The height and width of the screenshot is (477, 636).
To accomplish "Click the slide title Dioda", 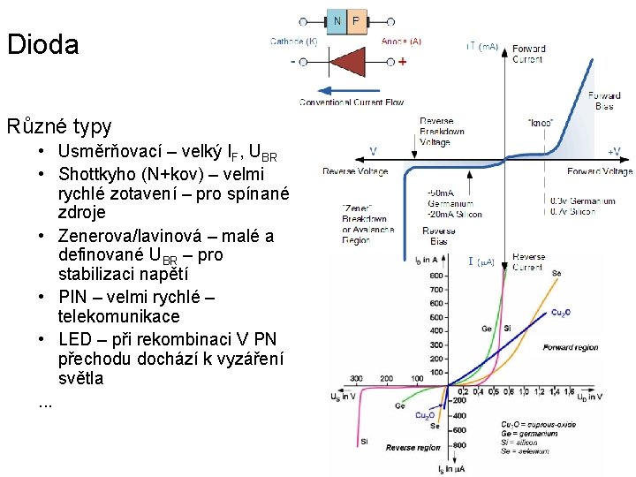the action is pyautogui.click(x=42, y=45).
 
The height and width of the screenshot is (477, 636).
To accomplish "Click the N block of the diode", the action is pyautogui.click(x=337, y=20).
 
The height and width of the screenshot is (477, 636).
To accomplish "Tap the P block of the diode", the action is pyautogui.click(x=356, y=20).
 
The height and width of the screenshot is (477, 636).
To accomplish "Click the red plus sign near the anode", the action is pyautogui.click(x=403, y=62).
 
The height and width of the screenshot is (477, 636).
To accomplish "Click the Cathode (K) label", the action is pyautogui.click(x=293, y=41).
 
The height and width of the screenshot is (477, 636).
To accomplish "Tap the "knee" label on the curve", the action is pyautogui.click(x=539, y=123).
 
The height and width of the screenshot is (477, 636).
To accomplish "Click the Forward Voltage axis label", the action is pyautogui.click(x=599, y=171).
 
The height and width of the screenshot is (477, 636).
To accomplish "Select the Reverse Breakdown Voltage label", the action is pyautogui.click(x=442, y=131).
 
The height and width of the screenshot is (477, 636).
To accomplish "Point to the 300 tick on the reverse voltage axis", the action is pyautogui.click(x=356, y=378).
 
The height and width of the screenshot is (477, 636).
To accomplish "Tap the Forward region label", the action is pyautogui.click(x=570, y=348).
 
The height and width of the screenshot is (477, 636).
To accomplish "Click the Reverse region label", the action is pyautogui.click(x=413, y=448).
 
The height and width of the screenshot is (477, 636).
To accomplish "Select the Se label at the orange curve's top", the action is pyautogui.click(x=556, y=274).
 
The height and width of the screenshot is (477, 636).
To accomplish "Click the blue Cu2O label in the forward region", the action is pyautogui.click(x=560, y=313).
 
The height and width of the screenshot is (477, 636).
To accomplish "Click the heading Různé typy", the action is pyautogui.click(x=59, y=125).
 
